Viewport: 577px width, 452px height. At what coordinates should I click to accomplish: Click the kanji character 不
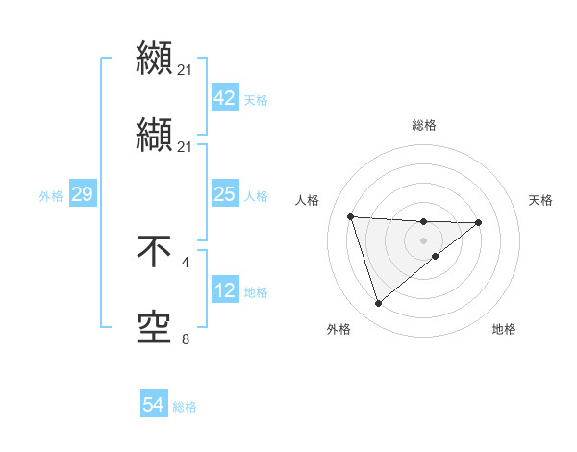coord(154,254)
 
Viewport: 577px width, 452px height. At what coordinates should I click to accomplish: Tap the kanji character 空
coord(154,327)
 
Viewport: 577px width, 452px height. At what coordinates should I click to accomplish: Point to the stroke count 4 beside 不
coord(185,262)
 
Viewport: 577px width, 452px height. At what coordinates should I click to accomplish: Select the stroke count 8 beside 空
coord(185,338)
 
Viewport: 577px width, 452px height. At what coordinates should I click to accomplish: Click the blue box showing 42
coord(224,99)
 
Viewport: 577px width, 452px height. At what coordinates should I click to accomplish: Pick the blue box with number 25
coord(224,194)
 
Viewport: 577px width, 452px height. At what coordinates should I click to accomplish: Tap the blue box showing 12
coord(224,290)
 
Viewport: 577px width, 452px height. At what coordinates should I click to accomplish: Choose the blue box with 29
coord(82,194)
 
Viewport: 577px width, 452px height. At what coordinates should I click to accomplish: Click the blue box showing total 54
coord(153,406)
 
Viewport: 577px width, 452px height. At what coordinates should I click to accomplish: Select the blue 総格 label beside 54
coord(185,407)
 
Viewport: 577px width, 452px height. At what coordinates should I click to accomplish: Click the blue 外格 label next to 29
coord(51,195)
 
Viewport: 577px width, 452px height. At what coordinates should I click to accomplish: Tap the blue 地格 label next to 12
coord(256,291)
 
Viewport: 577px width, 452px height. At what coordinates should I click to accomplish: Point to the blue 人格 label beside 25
coord(256,195)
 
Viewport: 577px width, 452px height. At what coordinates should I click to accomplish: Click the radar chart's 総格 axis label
coord(424,125)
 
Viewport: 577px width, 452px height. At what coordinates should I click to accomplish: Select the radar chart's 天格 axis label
coord(541,200)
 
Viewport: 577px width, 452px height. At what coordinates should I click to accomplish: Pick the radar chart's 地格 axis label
coord(504,329)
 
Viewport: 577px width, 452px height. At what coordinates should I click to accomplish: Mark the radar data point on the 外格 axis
coord(379,304)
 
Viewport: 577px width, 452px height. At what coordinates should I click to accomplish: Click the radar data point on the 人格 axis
coord(351,216)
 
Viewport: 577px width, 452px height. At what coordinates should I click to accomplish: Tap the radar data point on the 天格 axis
coord(479,222)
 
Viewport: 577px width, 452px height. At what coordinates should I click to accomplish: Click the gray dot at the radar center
coord(424,239)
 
